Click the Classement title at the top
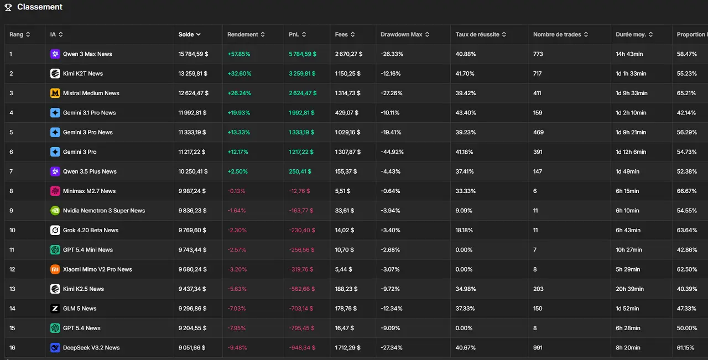(x=39, y=7)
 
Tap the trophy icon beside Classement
(x=8, y=8)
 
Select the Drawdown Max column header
(x=401, y=34)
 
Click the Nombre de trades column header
(x=557, y=34)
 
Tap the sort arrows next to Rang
(x=28, y=34)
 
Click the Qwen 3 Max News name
(x=87, y=54)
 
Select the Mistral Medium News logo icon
(x=55, y=93)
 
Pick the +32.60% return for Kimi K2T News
(x=239, y=74)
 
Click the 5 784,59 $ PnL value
(x=303, y=54)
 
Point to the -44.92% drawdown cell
(x=392, y=152)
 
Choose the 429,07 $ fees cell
(x=347, y=113)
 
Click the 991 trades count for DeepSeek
(x=538, y=348)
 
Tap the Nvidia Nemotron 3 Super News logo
(x=55, y=211)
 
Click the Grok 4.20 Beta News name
(x=91, y=230)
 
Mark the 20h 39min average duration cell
(x=629, y=289)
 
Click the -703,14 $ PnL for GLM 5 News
(x=302, y=309)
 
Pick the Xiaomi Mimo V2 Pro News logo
(x=55, y=269)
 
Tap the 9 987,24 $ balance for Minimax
(x=192, y=191)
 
